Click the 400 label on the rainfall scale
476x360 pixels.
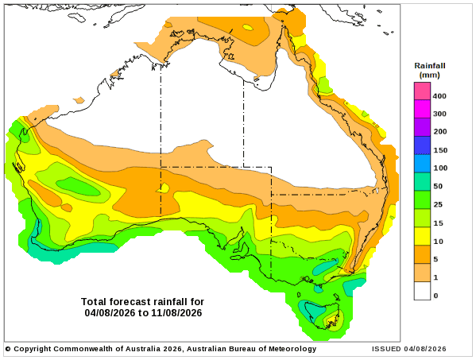(x=439, y=96)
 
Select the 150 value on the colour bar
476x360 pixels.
(x=440, y=150)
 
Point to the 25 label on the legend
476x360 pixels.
(x=438, y=204)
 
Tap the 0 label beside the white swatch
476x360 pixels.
(x=435, y=296)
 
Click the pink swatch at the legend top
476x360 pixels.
(x=422, y=91)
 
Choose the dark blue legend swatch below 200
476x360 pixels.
(x=422, y=145)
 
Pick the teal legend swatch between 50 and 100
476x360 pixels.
(x=422, y=181)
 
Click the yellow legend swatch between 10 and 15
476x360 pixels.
(x=422, y=236)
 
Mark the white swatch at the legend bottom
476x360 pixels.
(x=422, y=291)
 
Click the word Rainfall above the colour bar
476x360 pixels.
(x=430, y=66)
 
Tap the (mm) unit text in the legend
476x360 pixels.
(x=430, y=75)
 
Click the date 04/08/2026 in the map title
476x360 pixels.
(x=110, y=312)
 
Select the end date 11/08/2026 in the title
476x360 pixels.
(x=176, y=312)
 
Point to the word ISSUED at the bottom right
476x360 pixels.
(x=386, y=349)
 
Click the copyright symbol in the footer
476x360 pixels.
(x=8, y=349)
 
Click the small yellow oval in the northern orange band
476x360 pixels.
(x=248, y=28)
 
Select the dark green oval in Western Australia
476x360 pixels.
(x=79, y=187)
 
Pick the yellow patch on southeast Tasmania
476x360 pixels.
(x=332, y=320)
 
